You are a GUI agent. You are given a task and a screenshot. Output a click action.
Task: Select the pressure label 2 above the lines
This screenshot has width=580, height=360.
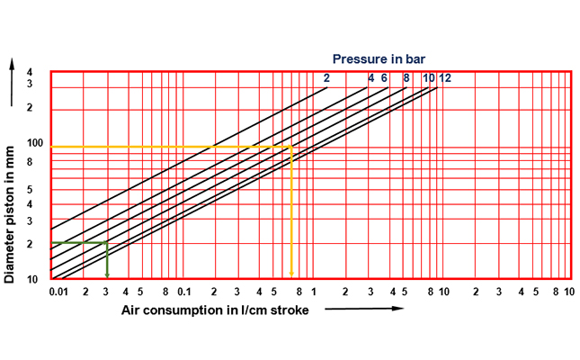[x=327, y=78]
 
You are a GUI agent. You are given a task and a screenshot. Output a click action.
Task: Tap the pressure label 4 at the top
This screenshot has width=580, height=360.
[x=370, y=78]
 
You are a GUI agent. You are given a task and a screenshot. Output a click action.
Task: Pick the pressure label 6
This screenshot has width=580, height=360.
[x=384, y=78]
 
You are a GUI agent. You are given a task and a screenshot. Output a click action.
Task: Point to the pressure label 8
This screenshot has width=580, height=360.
[x=406, y=78]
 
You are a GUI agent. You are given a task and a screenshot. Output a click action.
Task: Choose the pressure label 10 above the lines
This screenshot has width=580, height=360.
[x=429, y=78]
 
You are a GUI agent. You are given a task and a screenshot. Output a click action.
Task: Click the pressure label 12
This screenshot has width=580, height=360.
[x=445, y=78]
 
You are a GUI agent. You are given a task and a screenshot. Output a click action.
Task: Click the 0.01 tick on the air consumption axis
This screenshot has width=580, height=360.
[x=58, y=292]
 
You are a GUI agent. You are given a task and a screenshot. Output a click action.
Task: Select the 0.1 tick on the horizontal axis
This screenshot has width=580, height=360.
[x=184, y=292]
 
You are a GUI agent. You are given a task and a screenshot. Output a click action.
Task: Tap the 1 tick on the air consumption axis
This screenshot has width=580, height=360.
[x=313, y=292]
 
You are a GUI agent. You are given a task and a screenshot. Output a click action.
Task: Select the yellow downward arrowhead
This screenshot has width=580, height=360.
[x=291, y=274]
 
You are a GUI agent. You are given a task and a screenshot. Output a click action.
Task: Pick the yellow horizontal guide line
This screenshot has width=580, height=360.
[x=171, y=147]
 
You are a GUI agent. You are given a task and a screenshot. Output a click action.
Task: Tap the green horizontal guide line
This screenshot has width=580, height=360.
[x=79, y=243]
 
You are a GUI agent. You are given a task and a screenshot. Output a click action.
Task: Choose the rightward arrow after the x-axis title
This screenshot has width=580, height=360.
[x=364, y=310]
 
